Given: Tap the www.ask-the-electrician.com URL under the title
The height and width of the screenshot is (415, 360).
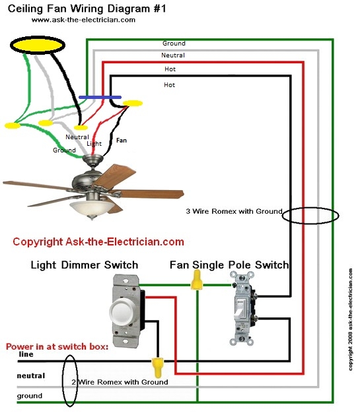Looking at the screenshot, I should pos(83,20).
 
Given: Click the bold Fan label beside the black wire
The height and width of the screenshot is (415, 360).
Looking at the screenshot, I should pos(122,140).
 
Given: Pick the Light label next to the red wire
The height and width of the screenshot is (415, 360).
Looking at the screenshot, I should pos(94,143).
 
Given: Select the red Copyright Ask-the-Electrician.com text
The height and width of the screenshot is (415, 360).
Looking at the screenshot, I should pos(98,242).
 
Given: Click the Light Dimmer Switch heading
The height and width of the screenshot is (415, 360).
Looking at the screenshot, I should pos(85,265).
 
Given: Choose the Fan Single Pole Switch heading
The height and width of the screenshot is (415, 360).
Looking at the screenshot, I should pos(229,265).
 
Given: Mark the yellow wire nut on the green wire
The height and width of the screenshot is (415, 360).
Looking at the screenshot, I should pos(196,283).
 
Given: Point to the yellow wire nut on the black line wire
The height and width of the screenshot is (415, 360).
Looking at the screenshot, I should pos(157,364).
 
